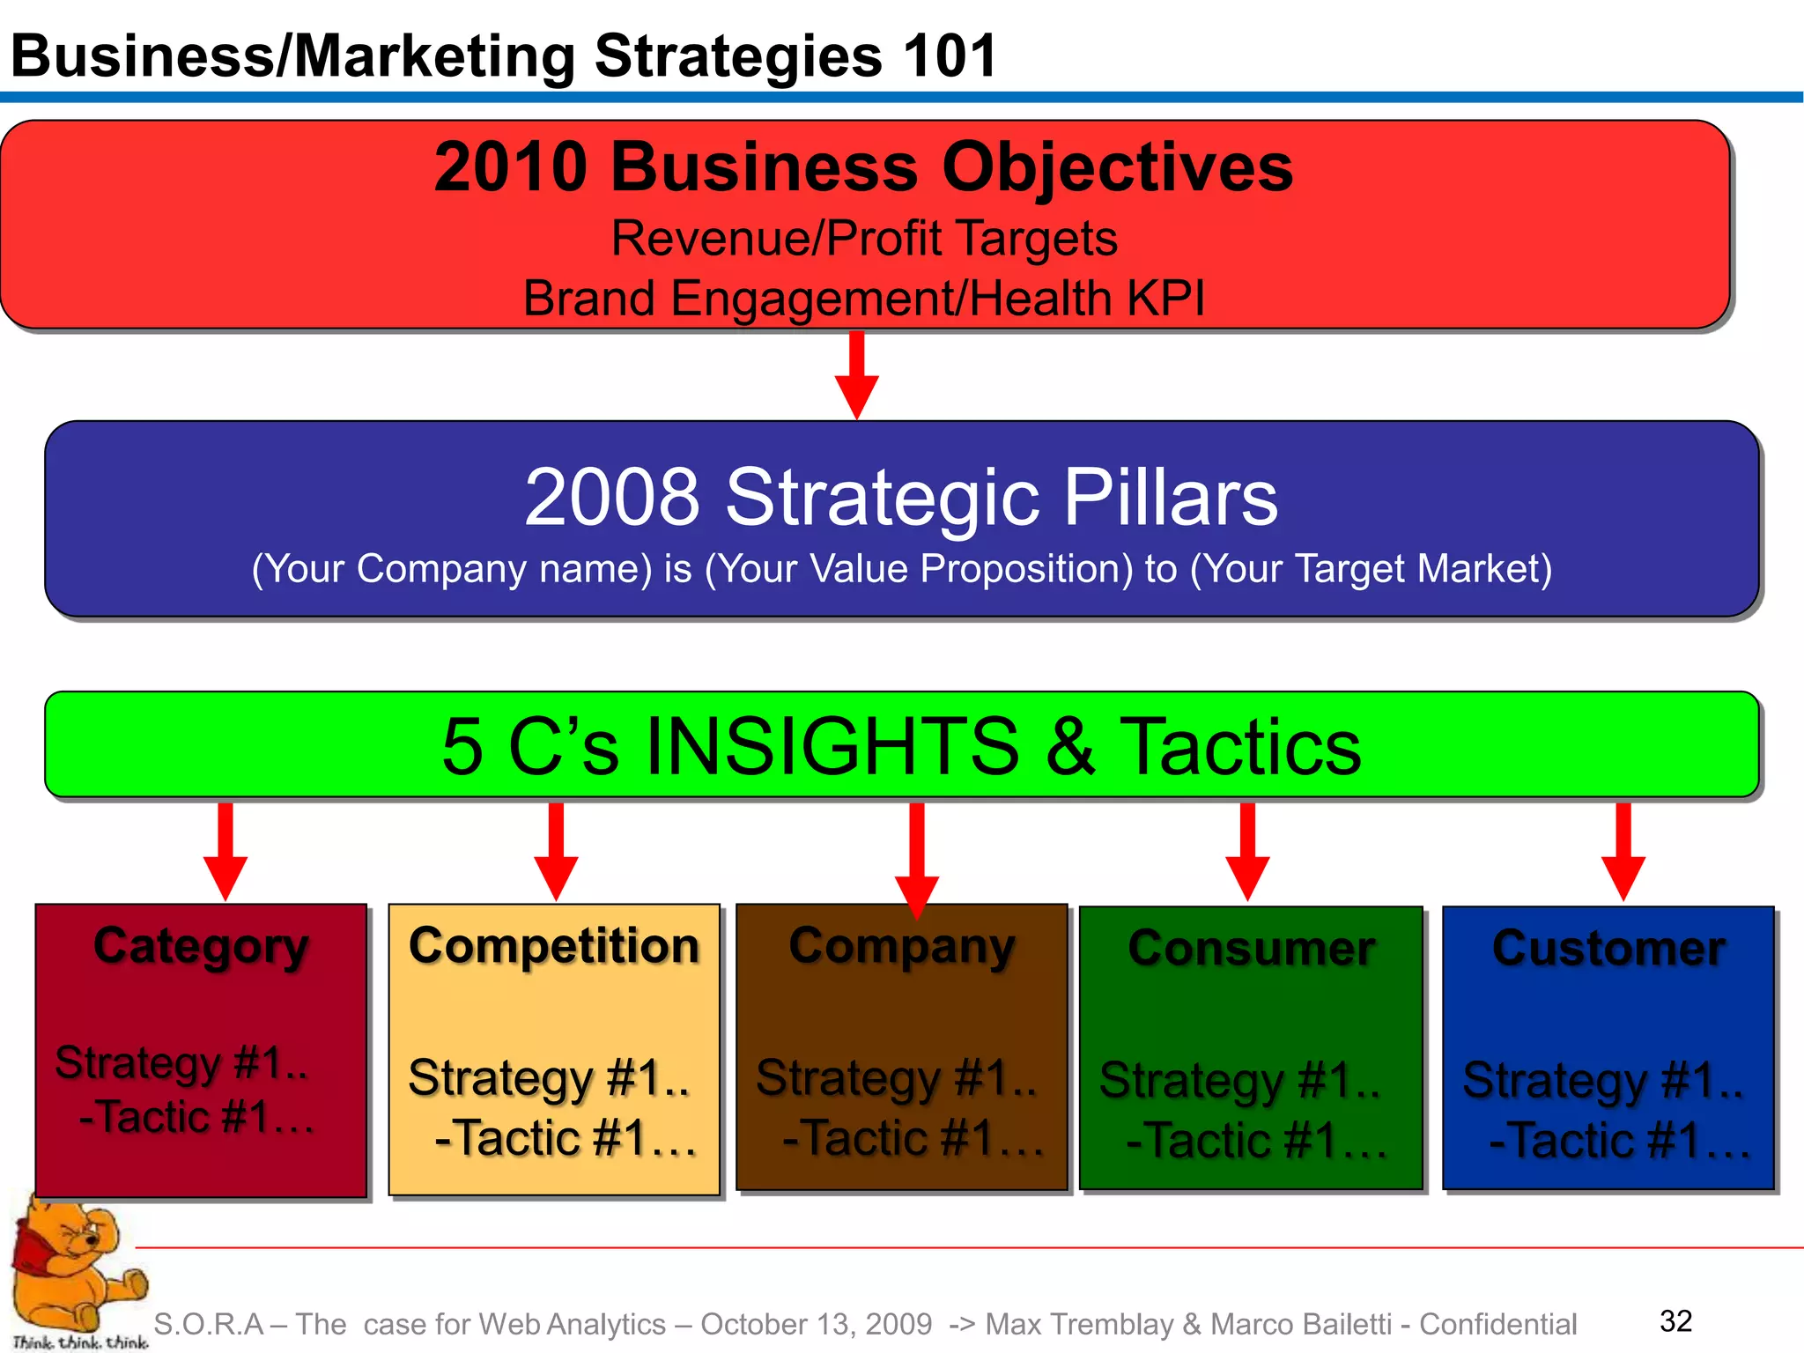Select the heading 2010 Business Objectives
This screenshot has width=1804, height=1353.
click(x=863, y=166)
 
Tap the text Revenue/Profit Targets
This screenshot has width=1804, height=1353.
click(x=863, y=238)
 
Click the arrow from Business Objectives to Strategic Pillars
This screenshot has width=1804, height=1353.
click(x=856, y=374)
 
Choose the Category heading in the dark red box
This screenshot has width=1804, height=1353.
click(x=201, y=948)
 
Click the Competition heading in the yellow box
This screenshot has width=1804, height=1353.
click(x=554, y=946)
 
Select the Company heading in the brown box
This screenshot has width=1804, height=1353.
click(x=901, y=947)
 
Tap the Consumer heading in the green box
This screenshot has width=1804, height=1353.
click(x=1251, y=949)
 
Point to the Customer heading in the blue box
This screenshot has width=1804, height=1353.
click(x=1608, y=949)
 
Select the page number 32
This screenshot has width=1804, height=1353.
click(x=1675, y=1320)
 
